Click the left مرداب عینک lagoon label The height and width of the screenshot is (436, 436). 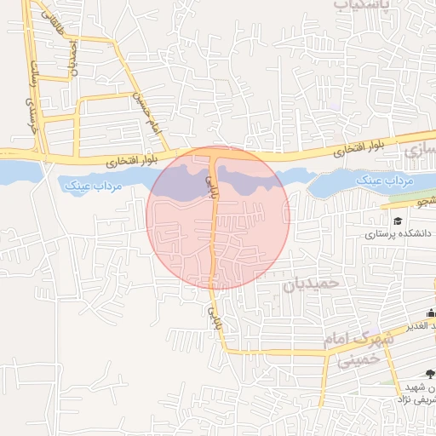[93, 183]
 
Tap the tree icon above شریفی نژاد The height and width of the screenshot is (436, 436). [429, 373]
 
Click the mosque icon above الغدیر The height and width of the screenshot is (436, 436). [430, 313]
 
